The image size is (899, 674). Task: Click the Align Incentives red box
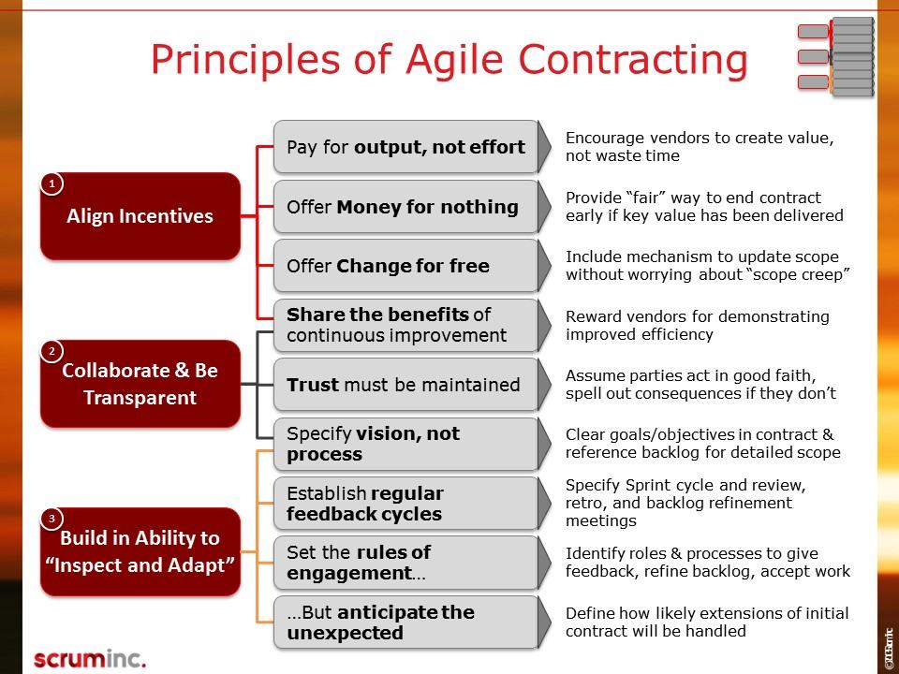point(140,216)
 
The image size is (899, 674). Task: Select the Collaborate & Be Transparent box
point(140,384)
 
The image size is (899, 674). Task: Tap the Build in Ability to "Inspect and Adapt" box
point(140,551)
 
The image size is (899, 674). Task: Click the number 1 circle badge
point(52,184)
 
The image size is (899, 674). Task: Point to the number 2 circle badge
point(52,351)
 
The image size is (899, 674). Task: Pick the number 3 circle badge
point(52,519)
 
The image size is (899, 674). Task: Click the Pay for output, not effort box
point(412,147)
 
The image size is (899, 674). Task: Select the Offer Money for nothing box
point(412,206)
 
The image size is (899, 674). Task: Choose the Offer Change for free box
point(412,266)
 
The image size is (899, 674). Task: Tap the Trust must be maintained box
point(412,385)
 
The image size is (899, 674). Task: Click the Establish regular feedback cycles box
point(412,504)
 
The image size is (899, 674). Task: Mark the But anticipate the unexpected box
point(412,623)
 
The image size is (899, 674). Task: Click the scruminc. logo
point(90,659)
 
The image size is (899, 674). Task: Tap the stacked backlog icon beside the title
point(836,57)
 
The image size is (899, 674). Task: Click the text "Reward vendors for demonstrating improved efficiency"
point(697,325)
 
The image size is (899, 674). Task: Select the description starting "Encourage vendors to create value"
point(700,146)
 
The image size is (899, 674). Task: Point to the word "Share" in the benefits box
point(315,315)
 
